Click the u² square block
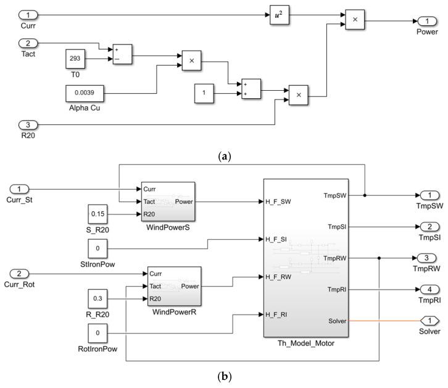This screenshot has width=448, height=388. tap(279, 14)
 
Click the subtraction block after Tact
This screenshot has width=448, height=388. tap(121, 53)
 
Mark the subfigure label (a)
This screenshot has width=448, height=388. tap(223, 156)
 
